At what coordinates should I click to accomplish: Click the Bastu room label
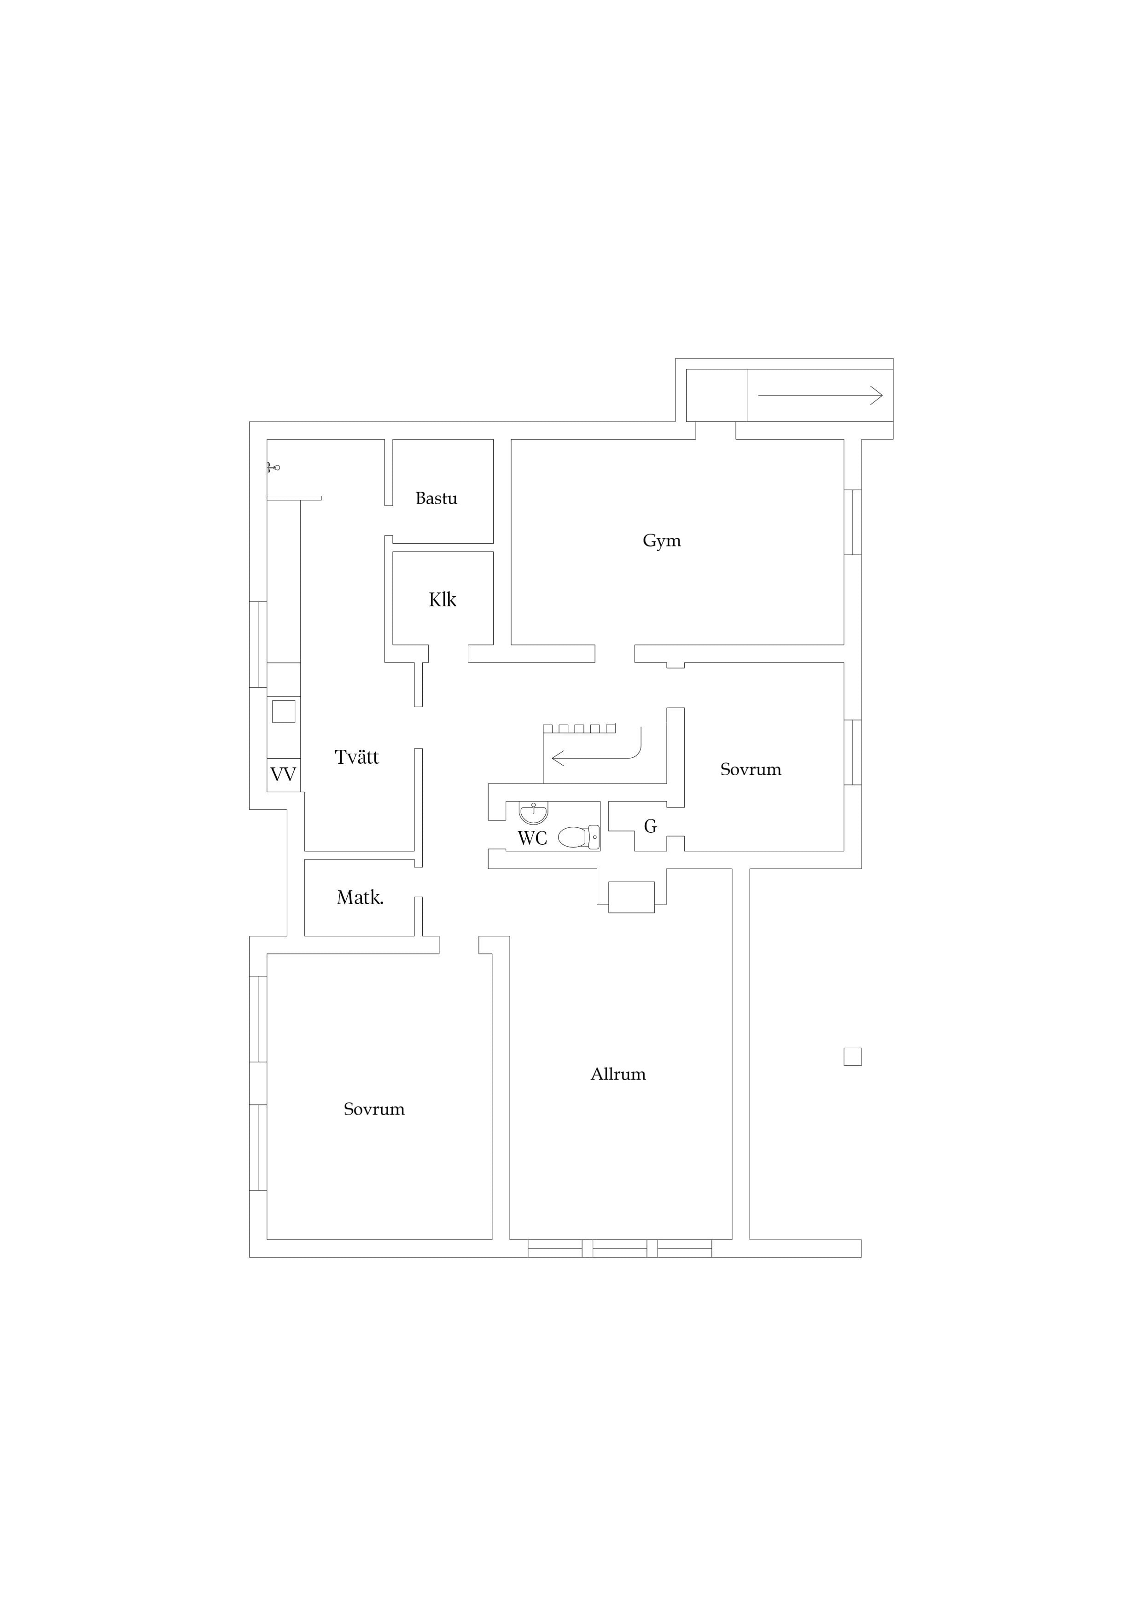point(436,499)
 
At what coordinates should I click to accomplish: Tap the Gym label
point(661,541)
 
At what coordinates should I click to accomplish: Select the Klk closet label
point(443,600)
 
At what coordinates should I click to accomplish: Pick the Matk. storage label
point(360,898)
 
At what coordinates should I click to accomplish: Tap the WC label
point(532,838)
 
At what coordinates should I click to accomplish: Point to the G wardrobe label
point(650,826)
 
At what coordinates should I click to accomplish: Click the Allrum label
point(618,1074)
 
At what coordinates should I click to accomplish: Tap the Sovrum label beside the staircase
point(751,769)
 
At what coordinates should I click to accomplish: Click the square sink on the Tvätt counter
point(284,711)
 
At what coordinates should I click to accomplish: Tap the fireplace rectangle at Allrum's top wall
point(631,898)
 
